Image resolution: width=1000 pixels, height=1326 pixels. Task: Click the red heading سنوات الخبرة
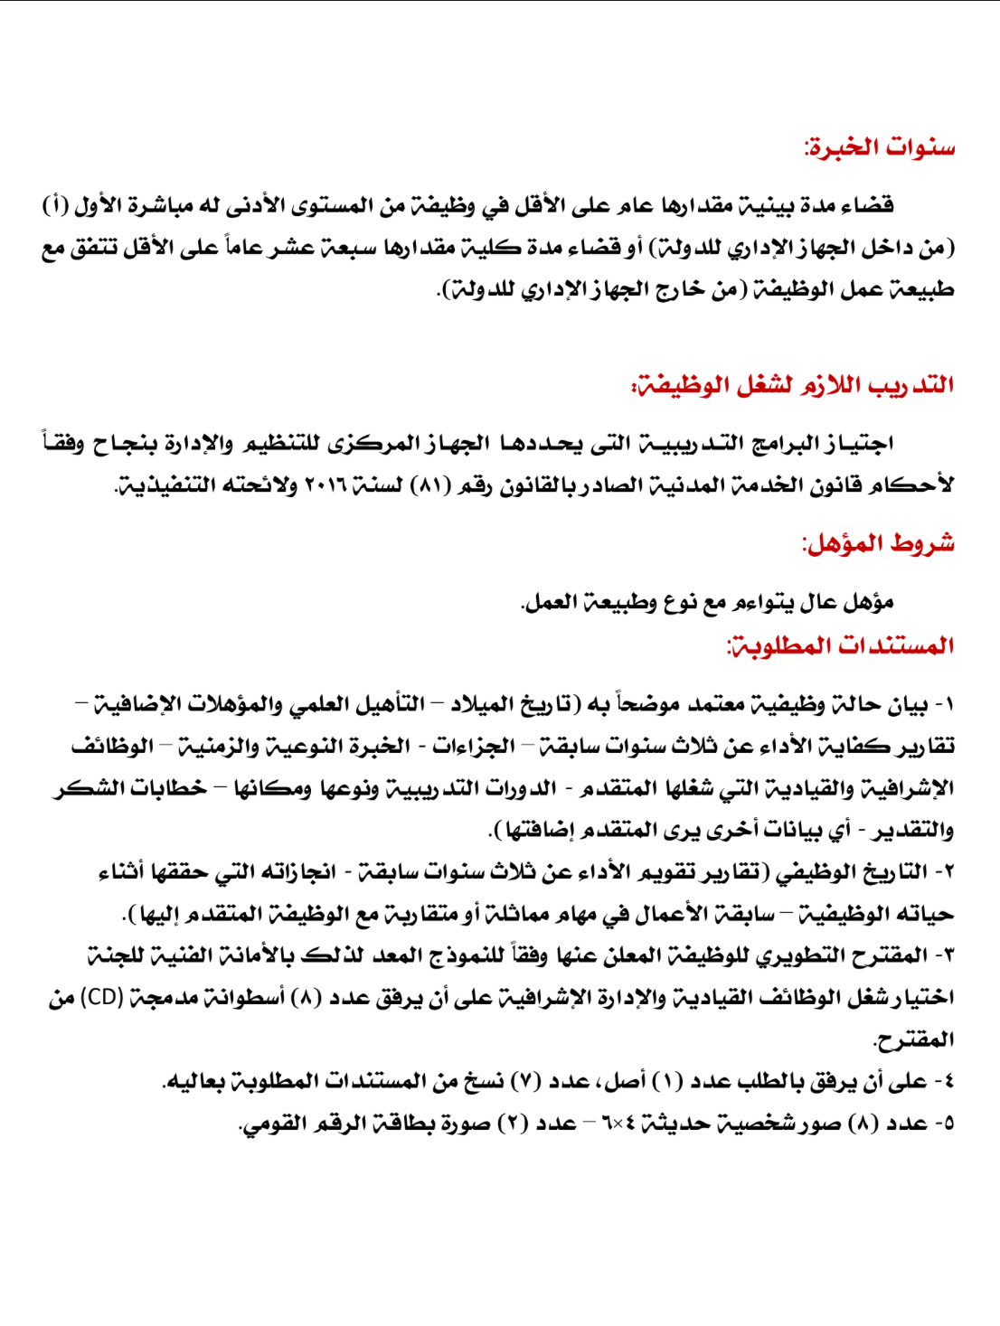pyautogui.click(x=879, y=147)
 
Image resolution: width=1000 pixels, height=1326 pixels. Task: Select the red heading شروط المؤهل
pyautogui.click(x=878, y=543)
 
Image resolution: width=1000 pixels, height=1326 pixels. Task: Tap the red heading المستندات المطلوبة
pyautogui.click(x=841, y=645)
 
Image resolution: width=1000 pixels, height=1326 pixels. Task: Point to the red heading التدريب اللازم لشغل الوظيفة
pyautogui.click(x=793, y=385)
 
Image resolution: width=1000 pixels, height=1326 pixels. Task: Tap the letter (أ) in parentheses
pyautogui.click(x=55, y=206)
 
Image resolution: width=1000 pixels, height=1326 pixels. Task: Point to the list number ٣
pyautogui.click(x=946, y=955)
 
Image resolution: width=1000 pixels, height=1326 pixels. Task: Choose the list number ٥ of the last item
pyautogui.click(x=946, y=1124)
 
